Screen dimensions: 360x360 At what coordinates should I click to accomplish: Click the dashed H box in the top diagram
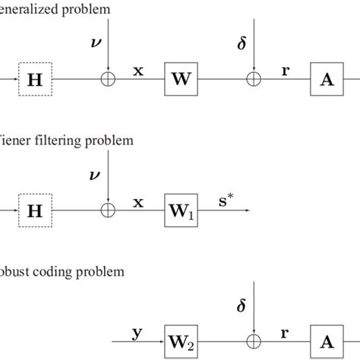tap(33, 78)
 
